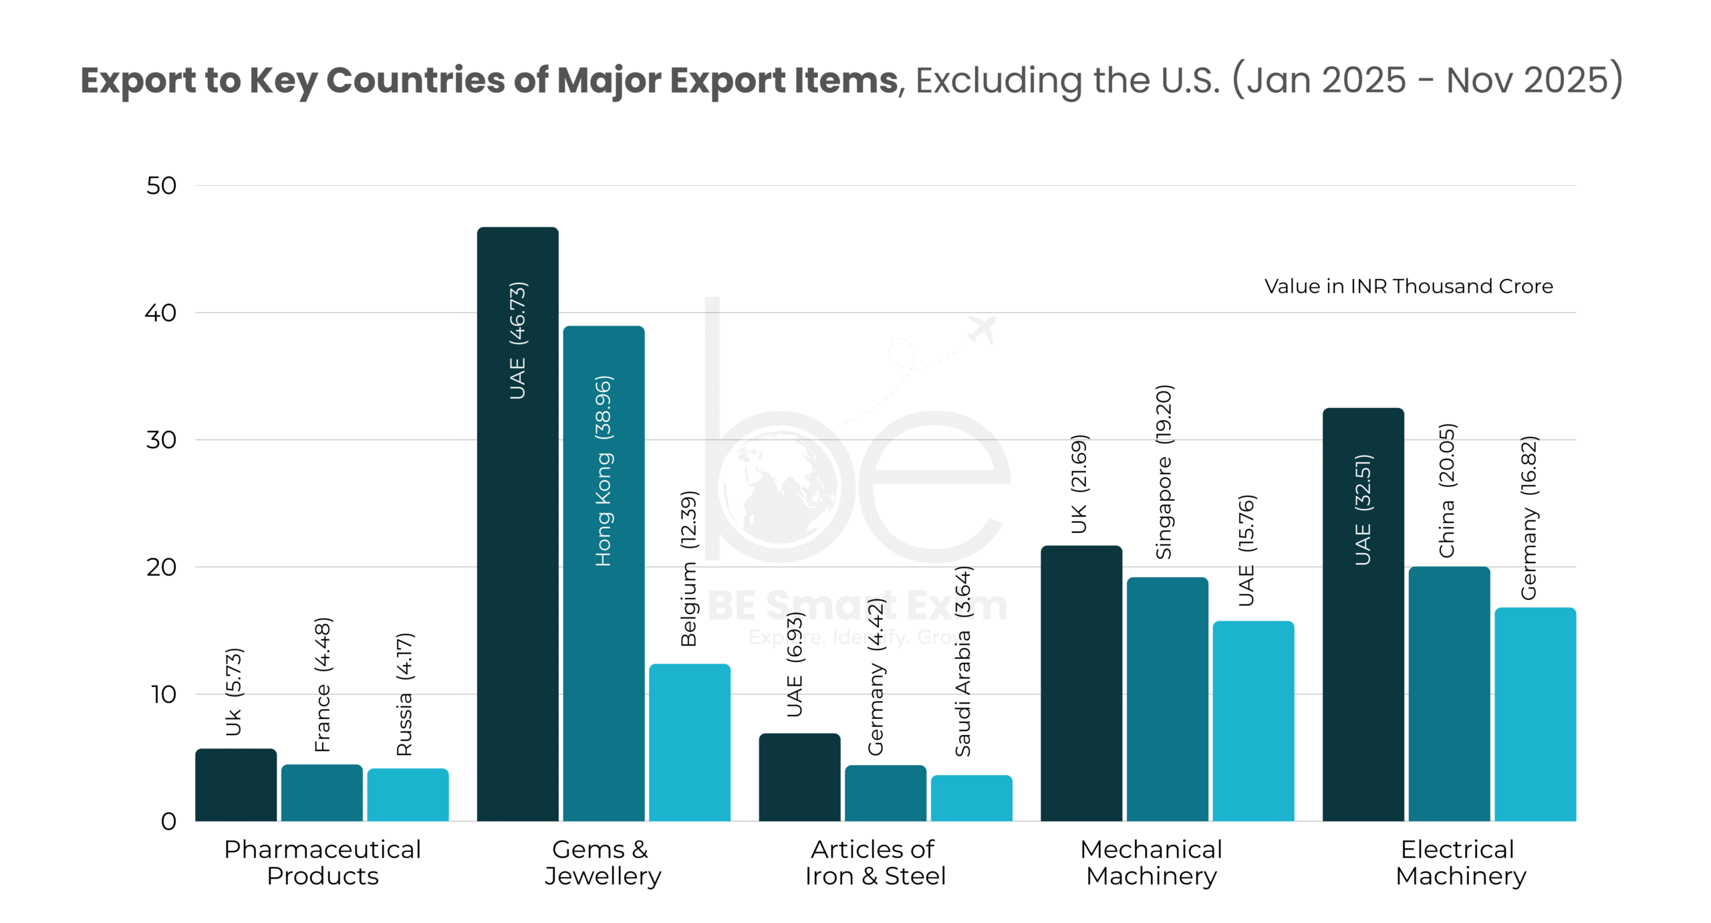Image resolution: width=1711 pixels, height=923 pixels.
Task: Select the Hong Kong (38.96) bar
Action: coord(604,602)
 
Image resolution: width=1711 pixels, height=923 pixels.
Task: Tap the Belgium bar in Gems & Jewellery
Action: coord(689,742)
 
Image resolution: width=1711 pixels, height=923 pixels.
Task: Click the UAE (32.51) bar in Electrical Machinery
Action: coord(1363,635)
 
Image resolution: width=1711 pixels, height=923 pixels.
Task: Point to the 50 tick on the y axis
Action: coord(161,186)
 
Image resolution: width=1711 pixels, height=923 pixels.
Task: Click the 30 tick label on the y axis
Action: coord(161,440)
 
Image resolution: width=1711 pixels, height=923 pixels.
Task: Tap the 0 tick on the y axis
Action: coord(168,821)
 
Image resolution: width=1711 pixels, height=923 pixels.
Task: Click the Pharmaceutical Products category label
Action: coord(322,862)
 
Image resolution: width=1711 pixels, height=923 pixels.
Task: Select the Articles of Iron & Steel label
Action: coord(875,862)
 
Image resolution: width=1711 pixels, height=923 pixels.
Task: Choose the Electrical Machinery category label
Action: coord(1460,862)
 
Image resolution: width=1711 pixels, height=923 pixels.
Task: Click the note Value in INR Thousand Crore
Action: coord(1408,286)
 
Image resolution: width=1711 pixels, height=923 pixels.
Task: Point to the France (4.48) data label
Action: coord(322,684)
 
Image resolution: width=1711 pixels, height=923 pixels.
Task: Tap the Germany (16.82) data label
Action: coord(1529,518)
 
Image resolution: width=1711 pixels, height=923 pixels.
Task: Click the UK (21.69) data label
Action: coord(1079,484)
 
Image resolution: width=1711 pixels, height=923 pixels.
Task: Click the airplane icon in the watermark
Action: coord(982,329)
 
